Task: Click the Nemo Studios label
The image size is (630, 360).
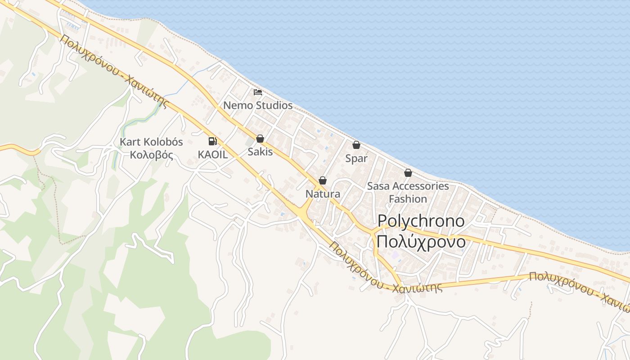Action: [x=258, y=106]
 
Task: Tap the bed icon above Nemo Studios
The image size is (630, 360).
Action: [x=257, y=92]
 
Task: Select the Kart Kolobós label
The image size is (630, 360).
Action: [x=151, y=142]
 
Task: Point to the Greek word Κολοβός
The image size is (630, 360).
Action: [x=151, y=155]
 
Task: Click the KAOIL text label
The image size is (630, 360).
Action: [x=212, y=154]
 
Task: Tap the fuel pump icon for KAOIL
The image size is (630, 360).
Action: [x=212, y=141]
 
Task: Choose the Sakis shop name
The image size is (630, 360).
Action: [x=260, y=152]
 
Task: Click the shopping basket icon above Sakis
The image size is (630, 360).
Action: [x=260, y=139]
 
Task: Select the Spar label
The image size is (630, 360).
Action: [x=356, y=158]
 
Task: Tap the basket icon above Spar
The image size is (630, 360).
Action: [x=356, y=145]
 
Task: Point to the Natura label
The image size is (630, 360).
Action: [x=323, y=194]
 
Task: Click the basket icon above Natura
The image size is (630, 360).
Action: [x=323, y=180]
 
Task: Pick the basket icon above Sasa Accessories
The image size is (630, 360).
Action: [x=408, y=173]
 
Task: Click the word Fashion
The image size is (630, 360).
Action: [x=408, y=198]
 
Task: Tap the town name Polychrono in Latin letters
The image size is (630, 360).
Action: [x=421, y=220]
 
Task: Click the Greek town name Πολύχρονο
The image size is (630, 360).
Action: [x=421, y=242]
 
